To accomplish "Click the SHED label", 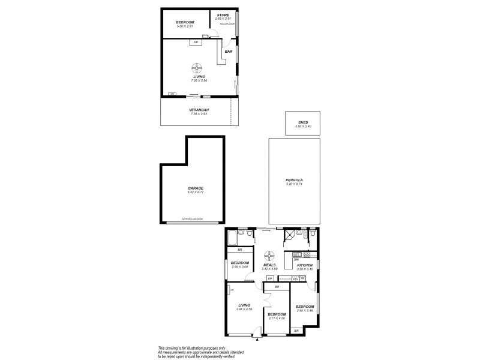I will pyautogui.click(x=303, y=122).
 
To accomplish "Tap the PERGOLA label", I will pyautogui.click(x=294, y=180).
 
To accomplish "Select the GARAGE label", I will pyautogui.click(x=192, y=188).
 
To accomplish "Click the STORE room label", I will pyautogui.click(x=223, y=15).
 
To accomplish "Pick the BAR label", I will pyautogui.click(x=229, y=52).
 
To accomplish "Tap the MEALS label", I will pyautogui.click(x=269, y=265).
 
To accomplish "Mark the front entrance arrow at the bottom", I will pyautogui.click(x=257, y=339).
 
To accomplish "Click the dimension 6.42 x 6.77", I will pyautogui.click(x=192, y=192).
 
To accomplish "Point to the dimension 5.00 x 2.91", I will pyautogui.click(x=185, y=26).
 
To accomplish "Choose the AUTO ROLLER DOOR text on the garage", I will pyautogui.click(x=193, y=220).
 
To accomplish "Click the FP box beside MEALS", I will pyautogui.click(x=271, y=279).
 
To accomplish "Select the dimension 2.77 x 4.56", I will pyautogui.click(x=277, y=318).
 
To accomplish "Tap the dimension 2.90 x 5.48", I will pyautogui.click(x=305, y=310).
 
